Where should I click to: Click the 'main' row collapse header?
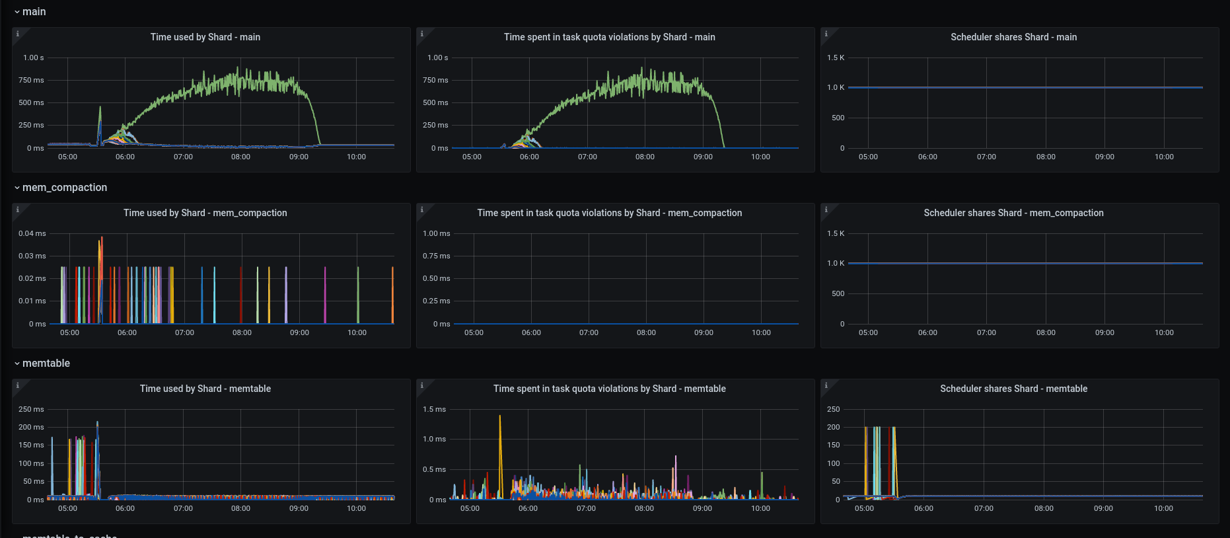pos(34,12)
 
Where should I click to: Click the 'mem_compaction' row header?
pos(64,188)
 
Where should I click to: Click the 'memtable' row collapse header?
pos(46,364)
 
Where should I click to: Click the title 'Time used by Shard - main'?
pos(205,37)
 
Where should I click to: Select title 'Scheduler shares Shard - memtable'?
pos(1013,389)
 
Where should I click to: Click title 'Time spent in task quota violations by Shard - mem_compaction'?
pos(609,213)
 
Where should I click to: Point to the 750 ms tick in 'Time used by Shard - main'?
pos(31,80)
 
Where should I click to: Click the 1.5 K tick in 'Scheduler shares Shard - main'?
pos(836,58)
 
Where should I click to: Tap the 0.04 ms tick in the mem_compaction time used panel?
pos(32,233)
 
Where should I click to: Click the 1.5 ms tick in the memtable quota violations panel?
pos(434,409)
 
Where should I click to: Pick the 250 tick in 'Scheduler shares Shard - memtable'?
pos(834,409)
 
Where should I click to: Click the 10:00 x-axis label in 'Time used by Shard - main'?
pos(356,157)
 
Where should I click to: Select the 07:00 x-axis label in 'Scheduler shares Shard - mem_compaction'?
pos(986,332)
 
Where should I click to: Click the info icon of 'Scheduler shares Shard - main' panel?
pos(826,34)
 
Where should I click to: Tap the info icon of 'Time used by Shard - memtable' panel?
pos(18,385)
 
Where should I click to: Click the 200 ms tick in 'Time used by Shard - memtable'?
pos(31,427)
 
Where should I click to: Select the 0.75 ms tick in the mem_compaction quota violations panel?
pos(436,256)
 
